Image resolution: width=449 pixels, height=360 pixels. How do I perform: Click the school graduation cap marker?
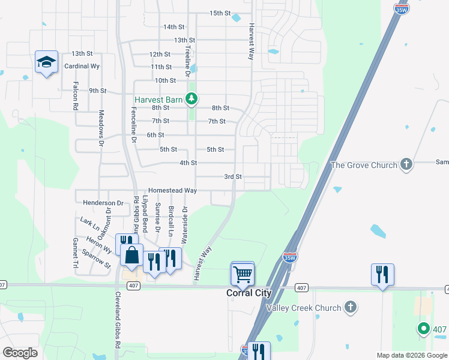pyautogui.click(x=46, y=62)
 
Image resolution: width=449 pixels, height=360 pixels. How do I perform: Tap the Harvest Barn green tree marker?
pyautogui.click(x=191, y=98)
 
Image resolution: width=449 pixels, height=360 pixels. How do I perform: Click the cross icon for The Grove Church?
pyautogui.click(x=406, y=164)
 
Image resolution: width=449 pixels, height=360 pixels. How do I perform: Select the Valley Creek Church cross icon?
pyautogui.click(x=351, y=308)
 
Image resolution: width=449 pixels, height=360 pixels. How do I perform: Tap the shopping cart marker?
pyautogui.click(x=243, y=274)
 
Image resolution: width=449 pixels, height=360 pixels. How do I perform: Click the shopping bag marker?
pyautogui.click(x=131, y=255)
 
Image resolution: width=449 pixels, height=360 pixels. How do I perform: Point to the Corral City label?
pyautogui.click(x=249, y=293)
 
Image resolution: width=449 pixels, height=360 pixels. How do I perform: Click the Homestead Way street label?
pyautogui.click(x=173, y=190)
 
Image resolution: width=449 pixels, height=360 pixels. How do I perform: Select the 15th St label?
pyautogui.click(x=220, y=13)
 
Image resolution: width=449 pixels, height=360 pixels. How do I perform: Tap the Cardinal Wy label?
pyautogui.click(x=82, y=67)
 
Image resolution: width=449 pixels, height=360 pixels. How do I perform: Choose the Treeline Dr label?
pyautogui.click(x=187, y=61)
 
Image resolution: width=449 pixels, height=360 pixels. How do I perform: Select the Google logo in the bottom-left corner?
pyautogui.click(x=20, y=352)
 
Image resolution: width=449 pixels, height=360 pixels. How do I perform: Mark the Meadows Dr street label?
pyautogui.click(x=101, y=128)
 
